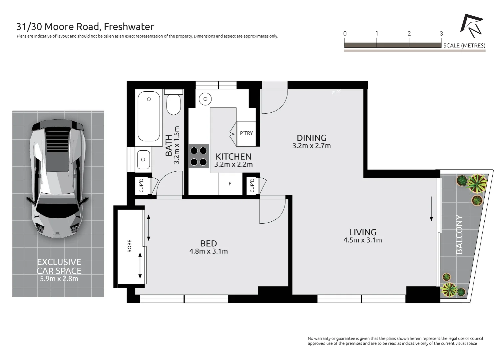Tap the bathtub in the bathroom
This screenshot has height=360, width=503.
pos(149,116)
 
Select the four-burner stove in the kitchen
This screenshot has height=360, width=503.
pos(199,156)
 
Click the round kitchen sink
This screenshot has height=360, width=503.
pos(205,99)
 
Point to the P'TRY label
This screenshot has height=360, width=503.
pos(246,133)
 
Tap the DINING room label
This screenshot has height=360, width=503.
pos(311,138)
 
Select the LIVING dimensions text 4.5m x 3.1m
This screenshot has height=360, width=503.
pos(362,240)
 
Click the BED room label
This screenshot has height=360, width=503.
pos(209,243)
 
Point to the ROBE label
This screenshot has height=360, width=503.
pos(130,246)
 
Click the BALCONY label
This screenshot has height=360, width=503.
pos(459,234)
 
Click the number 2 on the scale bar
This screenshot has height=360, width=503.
pos(409,33)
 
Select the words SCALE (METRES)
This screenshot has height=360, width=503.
pos(464,46)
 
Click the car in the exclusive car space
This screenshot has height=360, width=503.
pos(58,179)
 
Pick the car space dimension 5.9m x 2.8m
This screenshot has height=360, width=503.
pos(59,279)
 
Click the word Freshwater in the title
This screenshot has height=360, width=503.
pos(129,27)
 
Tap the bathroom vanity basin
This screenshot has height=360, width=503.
pos(143,160)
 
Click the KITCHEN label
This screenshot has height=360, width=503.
pos(233,157)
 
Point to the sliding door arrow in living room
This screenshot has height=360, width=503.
pos(431,209)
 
